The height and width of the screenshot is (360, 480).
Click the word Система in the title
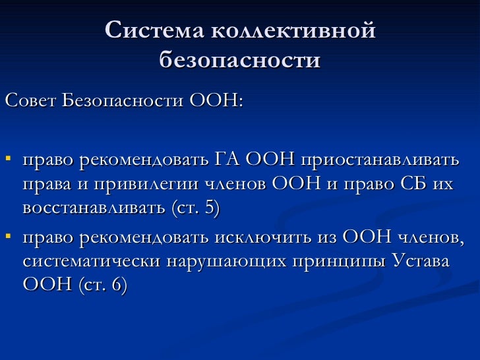(x=154, y=31)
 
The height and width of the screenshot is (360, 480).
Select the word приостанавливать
(x=380, y=160)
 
